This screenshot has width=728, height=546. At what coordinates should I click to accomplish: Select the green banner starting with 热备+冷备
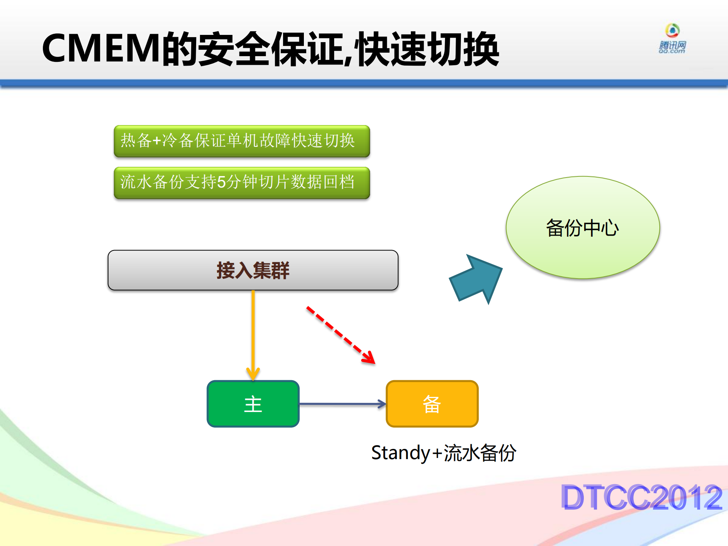[x=242, y=141]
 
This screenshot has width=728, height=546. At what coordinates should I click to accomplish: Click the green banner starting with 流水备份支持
[x=242, y=183]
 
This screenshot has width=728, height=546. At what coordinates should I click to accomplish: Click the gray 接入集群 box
[x=253, y=270]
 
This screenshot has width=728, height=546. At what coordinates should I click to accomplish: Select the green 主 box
[x=253, y=404]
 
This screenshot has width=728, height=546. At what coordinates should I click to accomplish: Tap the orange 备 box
[x=432, y=404]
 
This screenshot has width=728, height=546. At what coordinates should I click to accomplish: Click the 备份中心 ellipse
[x=582, y=228]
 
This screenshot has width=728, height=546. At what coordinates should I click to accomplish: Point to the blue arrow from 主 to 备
[x=341, y=404]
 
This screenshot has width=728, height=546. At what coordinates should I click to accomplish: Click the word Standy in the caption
[x=400, y=453]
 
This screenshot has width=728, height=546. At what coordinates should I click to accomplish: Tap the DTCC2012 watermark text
[x=641, y=497]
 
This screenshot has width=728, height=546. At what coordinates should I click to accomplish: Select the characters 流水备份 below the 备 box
[x=480, y=453]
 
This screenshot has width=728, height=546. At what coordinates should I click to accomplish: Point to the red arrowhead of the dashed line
[x=369, y=358]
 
